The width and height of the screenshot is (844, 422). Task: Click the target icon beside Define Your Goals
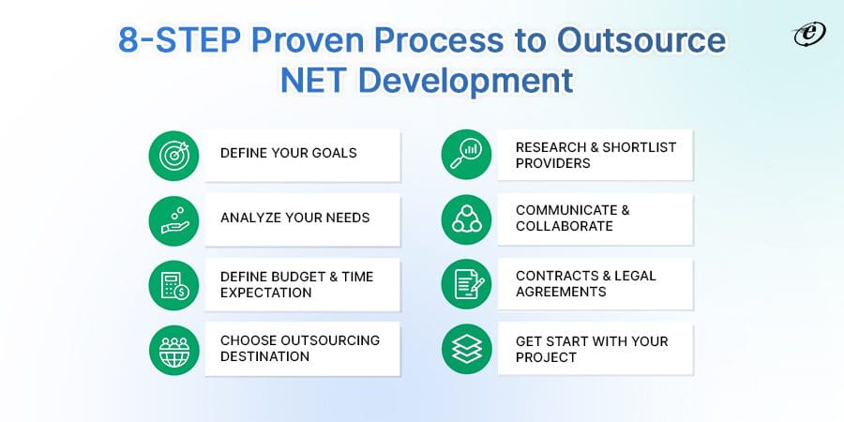point(174,156)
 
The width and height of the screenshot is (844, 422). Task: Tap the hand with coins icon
point(174,219)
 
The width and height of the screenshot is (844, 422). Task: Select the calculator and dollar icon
point(174,285)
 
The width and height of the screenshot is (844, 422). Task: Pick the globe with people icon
point(174,350)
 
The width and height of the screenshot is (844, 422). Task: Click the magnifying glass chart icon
point(466,156)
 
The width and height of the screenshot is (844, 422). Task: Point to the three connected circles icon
point(466,219)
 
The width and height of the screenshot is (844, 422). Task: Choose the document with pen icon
point(466,285)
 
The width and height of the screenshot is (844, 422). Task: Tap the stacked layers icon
point(466,350)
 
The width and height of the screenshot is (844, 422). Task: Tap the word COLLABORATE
point(564,227)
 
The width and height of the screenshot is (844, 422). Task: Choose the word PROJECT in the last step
point(546,357)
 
